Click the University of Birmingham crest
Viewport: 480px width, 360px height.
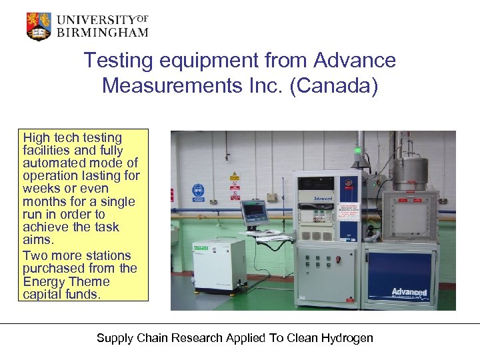click(x=38, y=26)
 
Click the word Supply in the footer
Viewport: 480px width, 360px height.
click(x=114, y=338)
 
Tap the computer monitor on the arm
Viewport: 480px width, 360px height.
click(x=254, y=213)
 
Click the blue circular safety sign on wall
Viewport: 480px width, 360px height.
click(x=198, y=190)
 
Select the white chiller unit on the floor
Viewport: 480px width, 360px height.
click(x=219, y=265)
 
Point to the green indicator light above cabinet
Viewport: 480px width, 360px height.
click(x=358, y=150)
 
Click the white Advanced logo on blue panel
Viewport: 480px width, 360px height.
click(x=409, y=292)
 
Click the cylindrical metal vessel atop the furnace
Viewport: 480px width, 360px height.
click(x=409, y=174)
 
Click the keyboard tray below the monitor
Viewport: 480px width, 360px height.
click(x=265, y=235)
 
